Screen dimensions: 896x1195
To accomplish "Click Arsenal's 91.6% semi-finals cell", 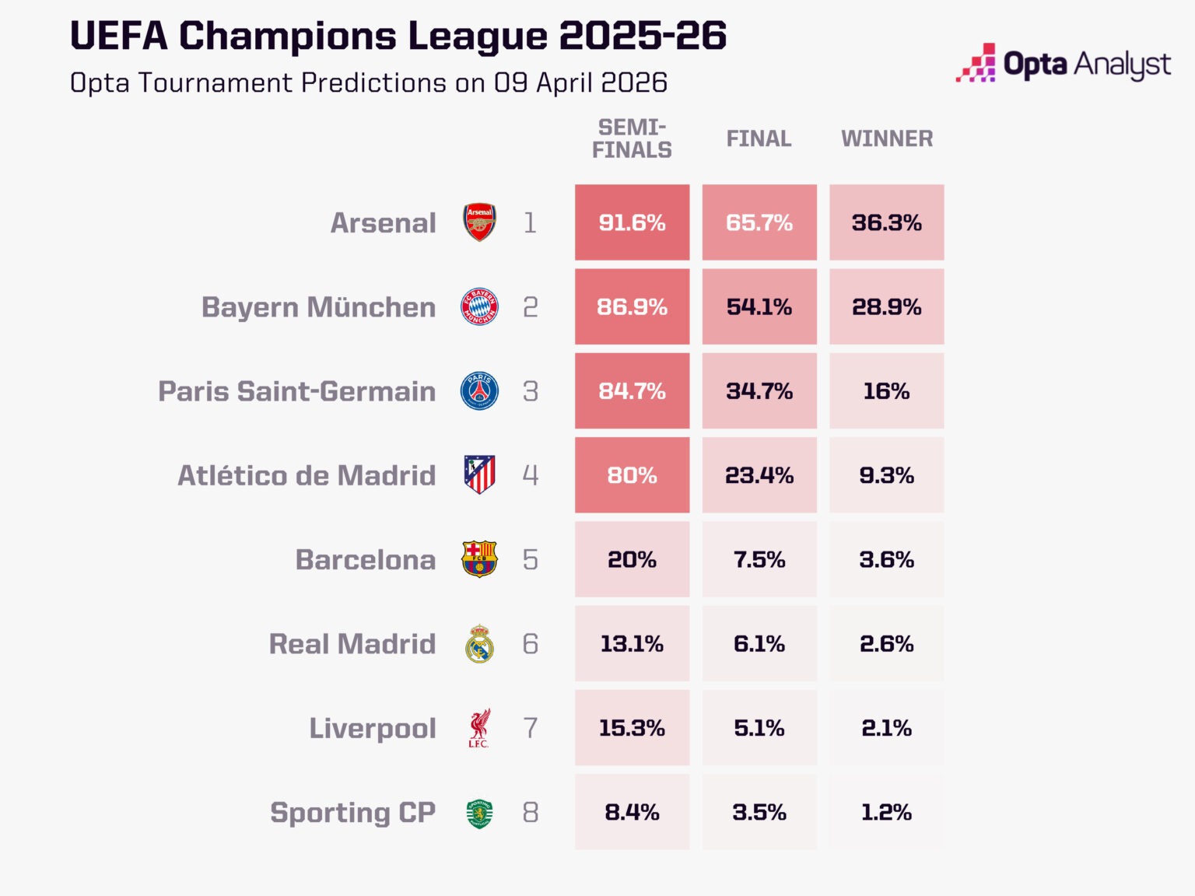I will point(632,222).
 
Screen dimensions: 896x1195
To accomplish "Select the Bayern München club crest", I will point(479,306).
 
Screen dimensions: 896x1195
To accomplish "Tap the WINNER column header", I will point(886,138).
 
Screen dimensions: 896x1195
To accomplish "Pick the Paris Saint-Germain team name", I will point(296,391).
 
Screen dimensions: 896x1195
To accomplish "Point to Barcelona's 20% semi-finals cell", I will point(632,559).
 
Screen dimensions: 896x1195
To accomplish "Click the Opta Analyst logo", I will point(1063,64).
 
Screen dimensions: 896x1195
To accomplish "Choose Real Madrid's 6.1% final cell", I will point(759,643).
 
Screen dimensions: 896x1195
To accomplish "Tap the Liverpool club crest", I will point(479,728).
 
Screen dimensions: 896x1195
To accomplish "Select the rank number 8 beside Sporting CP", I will point(531,812).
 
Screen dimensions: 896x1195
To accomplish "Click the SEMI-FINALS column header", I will point(632,138).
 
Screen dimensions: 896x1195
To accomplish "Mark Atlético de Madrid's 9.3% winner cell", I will point(886,475).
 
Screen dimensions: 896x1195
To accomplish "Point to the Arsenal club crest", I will point(479,222).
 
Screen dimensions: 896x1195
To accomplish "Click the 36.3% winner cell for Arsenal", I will point(886,222).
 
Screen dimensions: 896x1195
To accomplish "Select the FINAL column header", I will point(759,138).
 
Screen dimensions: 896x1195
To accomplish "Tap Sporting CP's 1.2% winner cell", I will point(886,812).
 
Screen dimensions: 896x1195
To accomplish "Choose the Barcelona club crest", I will point(479,559).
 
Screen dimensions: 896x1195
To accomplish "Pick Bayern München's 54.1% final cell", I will point(759,306).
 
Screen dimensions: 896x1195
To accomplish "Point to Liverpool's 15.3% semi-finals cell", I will point(632,728).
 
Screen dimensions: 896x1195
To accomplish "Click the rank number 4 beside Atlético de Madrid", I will point(531,475).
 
